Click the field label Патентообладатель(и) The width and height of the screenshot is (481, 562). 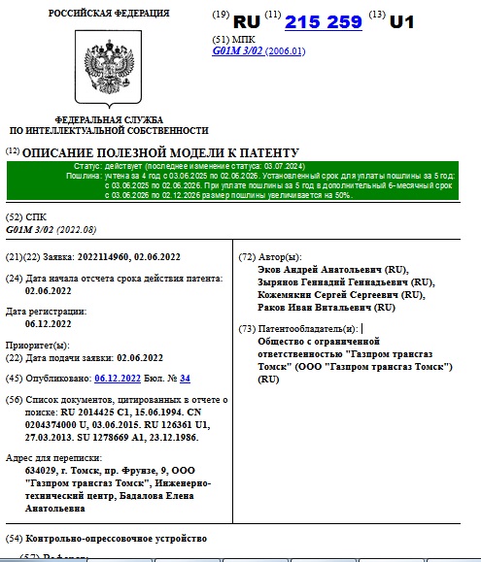click(x=309, y=329)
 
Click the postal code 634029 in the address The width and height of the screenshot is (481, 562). click(x=43, y=470)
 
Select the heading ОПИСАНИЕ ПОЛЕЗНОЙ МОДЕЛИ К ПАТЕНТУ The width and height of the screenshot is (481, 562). click(x=160, y=152)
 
